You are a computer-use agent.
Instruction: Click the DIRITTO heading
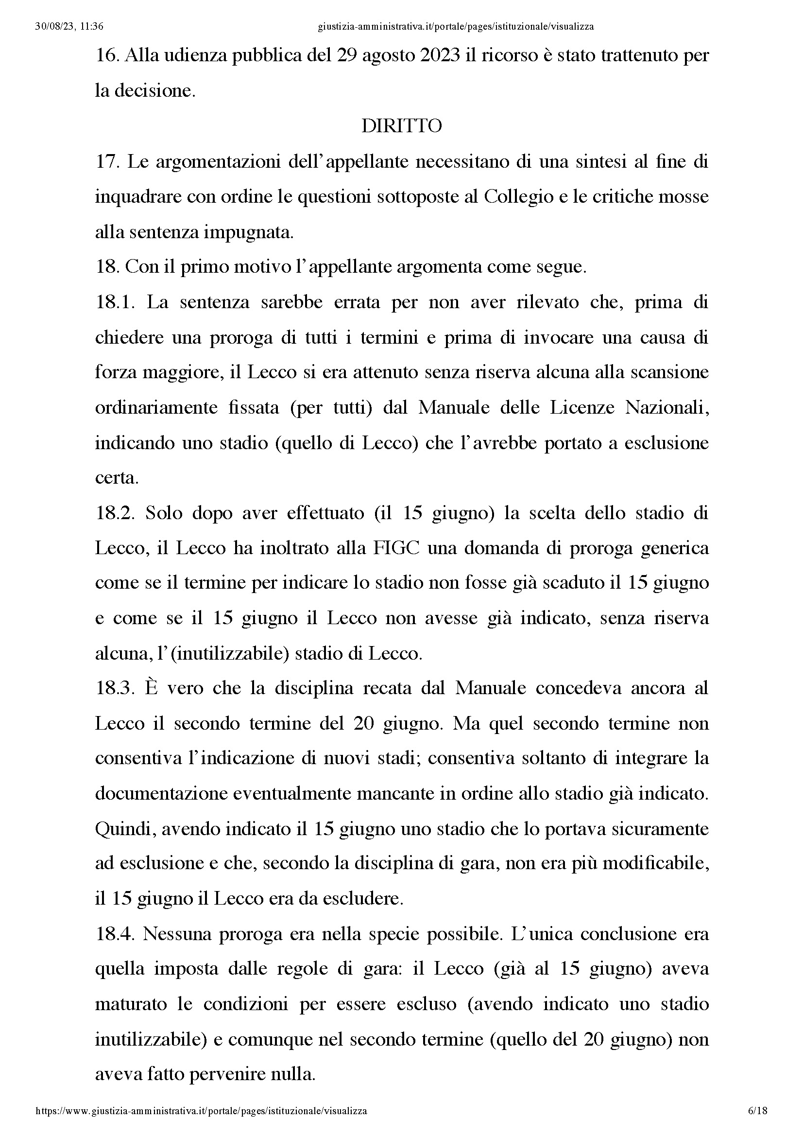point(401,126)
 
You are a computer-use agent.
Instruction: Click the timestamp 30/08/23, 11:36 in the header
point(69,27)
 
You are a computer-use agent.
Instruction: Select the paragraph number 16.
point(105,55)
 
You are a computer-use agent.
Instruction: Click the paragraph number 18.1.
point(115,302)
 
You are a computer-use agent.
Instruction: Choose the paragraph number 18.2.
point(115,513)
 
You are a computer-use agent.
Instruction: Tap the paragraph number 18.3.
point(115,688)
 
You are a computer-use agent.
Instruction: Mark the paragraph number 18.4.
point(115,934)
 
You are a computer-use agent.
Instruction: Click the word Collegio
point(518,197)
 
